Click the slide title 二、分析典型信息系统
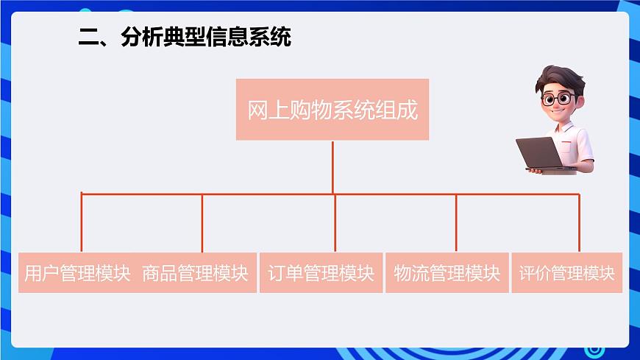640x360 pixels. pos(185,37)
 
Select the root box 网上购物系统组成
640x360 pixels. pos(333,110)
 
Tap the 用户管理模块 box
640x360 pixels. pos(77,273)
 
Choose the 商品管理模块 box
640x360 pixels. pos(196,273)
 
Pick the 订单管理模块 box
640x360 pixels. pos(321,273)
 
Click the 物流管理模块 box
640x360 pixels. pos(447,273)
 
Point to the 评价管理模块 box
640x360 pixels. pos(566,273)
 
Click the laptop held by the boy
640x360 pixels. pos(540,153)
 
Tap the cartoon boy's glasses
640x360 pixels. pos(558,97)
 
